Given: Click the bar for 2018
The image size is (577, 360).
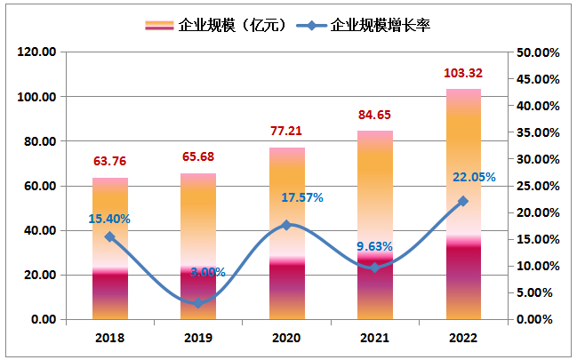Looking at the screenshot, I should click(109, 249).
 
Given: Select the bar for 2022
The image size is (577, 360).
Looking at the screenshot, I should click(463, 204).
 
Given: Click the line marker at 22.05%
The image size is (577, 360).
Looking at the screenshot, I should click(463, 202).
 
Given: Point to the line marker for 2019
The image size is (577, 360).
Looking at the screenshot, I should click(198, 304).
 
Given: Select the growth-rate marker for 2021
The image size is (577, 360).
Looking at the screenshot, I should click(375, 268).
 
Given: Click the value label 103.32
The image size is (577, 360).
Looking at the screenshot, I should click(463, 72).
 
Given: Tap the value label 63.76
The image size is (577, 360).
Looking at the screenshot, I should click(110, 162).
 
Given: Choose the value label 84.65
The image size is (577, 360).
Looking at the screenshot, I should click(375, 115).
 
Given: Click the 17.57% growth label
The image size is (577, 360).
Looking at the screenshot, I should click(303, 197).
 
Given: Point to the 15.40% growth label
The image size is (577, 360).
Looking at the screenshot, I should click(109, 218).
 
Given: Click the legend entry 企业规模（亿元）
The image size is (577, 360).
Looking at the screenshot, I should click(213, 26).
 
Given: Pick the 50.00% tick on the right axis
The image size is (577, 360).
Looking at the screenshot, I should click(538, 52).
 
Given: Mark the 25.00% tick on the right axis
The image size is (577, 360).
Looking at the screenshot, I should click(538, 186).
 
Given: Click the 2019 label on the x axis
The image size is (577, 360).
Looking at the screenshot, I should click(198, 338).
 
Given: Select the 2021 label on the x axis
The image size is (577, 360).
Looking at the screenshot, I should click(375, 338).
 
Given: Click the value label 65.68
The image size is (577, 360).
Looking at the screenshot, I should click(198, 157).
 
